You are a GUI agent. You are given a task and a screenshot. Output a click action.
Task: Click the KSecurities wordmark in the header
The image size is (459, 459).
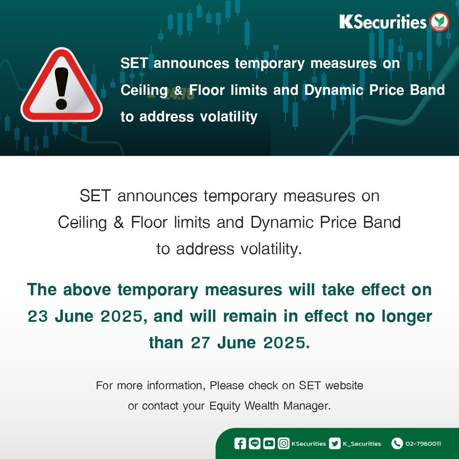pyautogui.click(x=383, y=22)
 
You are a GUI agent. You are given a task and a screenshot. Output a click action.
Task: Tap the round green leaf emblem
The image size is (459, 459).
pyautogui.click(x=439, y=22)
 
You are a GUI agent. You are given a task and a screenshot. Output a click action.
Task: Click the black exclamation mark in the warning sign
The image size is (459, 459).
pyautogui.click(x=61, y=88)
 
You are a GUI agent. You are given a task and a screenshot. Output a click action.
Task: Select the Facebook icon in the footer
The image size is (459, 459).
pyautogui.click(x=240, y=444)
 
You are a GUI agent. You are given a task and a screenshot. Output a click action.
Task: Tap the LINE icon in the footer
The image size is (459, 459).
pyautogui.click(x=254, y=444)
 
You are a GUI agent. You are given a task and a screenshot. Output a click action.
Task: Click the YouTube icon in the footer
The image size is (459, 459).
pyautogui.click(x=269, y=444)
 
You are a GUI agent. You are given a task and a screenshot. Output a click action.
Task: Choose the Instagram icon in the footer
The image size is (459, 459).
pyautogui.click(x=283, y=444)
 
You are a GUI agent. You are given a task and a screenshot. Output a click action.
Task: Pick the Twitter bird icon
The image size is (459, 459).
pyautogui.click(x=335, y=444)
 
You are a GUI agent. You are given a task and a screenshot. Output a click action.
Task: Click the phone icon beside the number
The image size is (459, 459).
pyautogui.click(x=397, y=444)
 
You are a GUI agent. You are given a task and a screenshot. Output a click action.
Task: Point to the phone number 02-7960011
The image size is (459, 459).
pyautogui.click(x=423, y=444)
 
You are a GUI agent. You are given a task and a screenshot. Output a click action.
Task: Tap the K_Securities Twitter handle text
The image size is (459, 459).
pyautogui.click(x=362, y=444)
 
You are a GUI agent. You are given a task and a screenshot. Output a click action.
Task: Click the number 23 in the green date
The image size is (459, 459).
pyautogui.click(x=38, y=316)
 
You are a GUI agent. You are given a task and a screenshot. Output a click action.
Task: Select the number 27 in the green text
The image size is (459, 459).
pyautogui.click(x=200, y=343)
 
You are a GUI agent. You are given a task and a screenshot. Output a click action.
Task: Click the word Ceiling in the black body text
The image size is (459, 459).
pyautogui.click(x=83, y=223)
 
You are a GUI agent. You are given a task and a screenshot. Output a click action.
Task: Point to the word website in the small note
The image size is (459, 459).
pyautogui.click(x=344, y=386)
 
